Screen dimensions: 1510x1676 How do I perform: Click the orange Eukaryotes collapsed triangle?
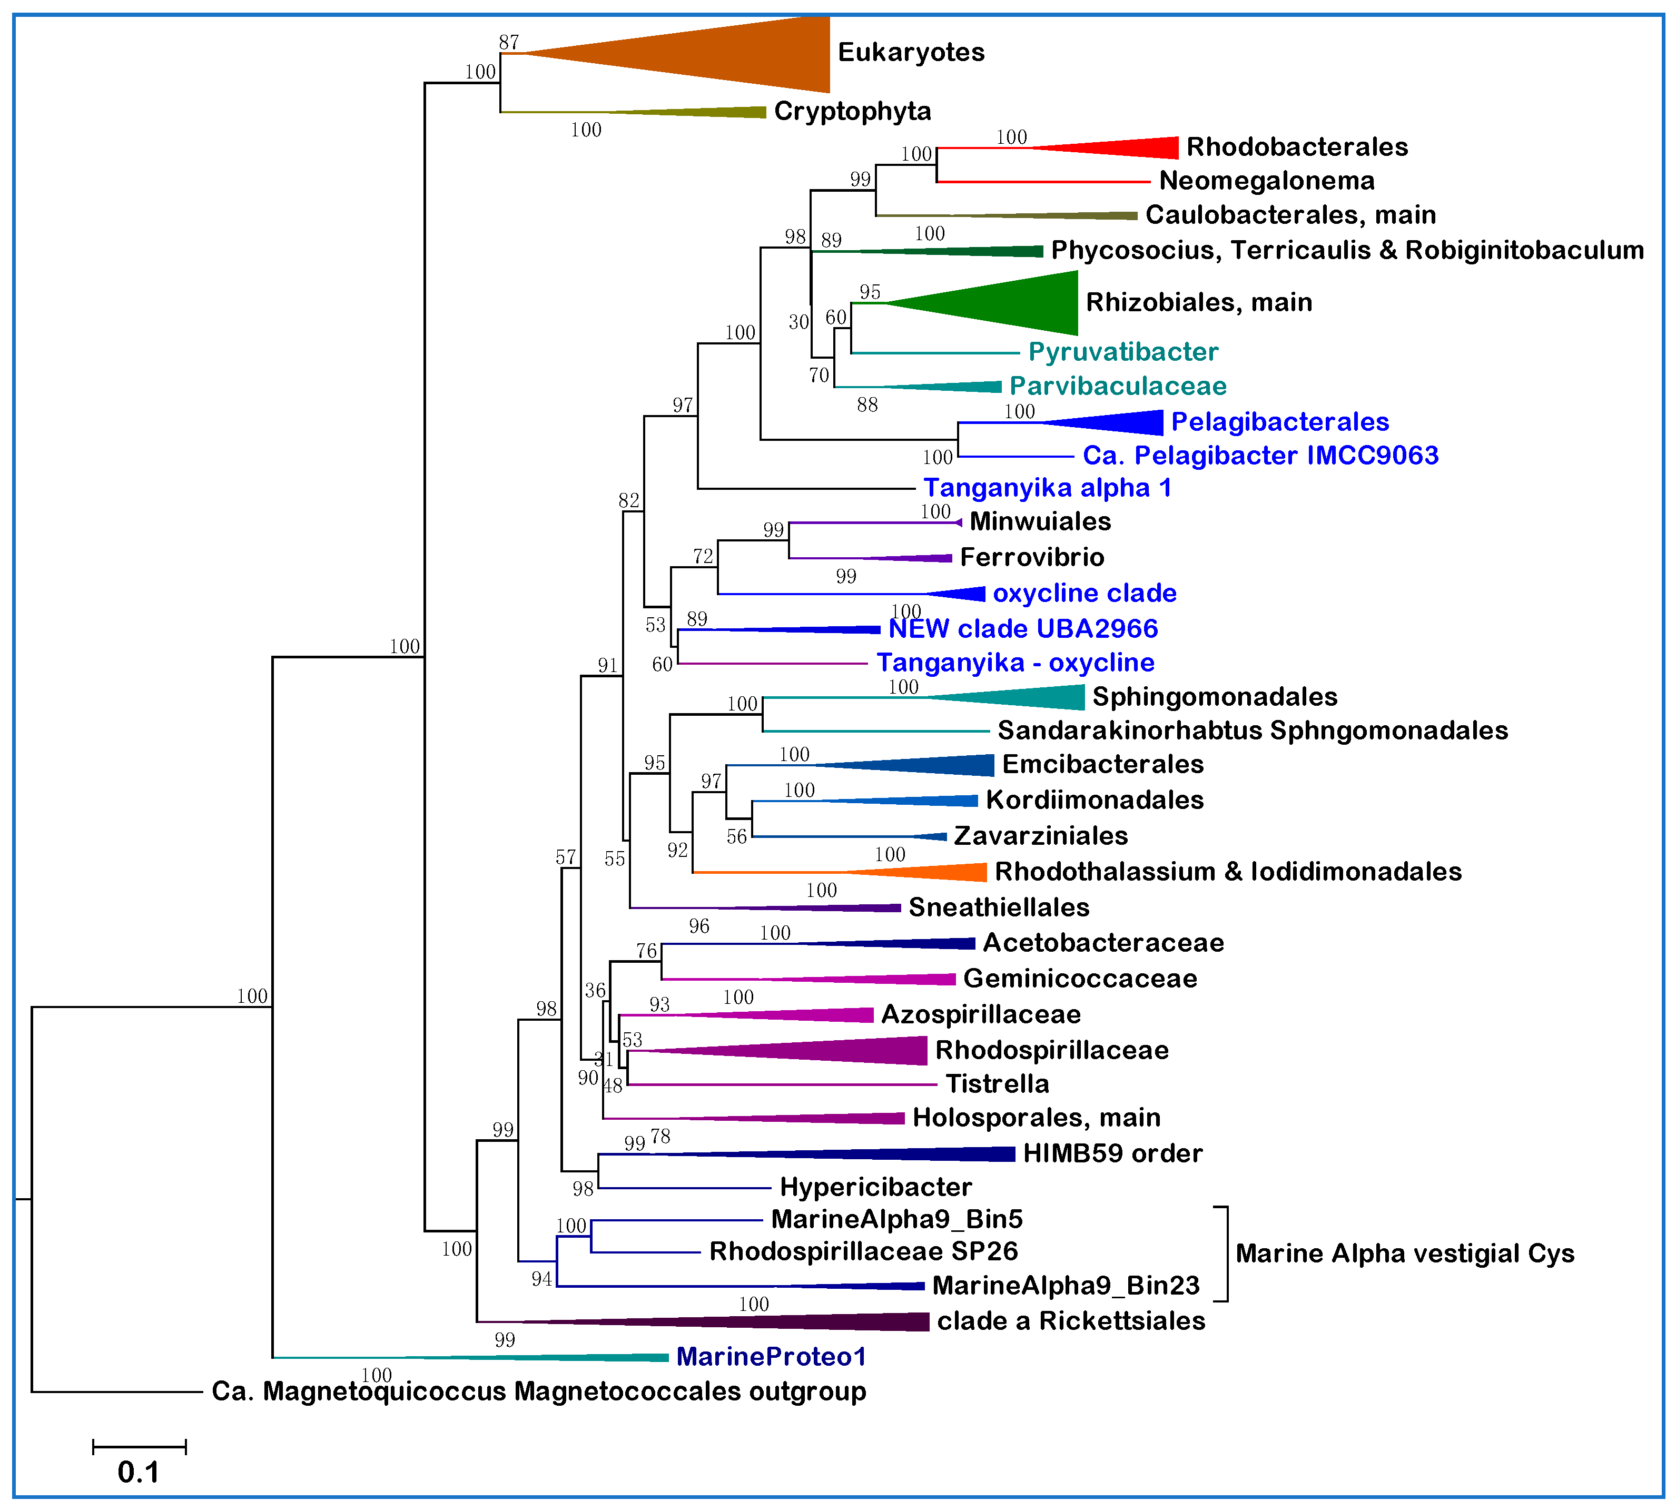(747, 54)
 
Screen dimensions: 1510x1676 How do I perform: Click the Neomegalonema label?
(1266, 181)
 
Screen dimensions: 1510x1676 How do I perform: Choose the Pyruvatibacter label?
(1122, 352)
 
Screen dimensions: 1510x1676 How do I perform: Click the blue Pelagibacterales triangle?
(1128, 422)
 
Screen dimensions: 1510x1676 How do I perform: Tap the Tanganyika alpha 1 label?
(1047, 488)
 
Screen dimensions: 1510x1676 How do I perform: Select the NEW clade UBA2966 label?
(1022, 629)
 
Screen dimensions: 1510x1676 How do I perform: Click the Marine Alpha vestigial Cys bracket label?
(1404, 1253)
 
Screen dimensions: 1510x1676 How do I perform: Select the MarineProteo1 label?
(771, 1357)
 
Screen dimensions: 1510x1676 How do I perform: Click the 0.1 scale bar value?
(137, 1472)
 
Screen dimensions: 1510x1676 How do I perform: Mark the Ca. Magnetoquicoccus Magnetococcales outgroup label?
(538, 1391)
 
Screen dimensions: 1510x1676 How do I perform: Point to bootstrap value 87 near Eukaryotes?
(509, 42)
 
